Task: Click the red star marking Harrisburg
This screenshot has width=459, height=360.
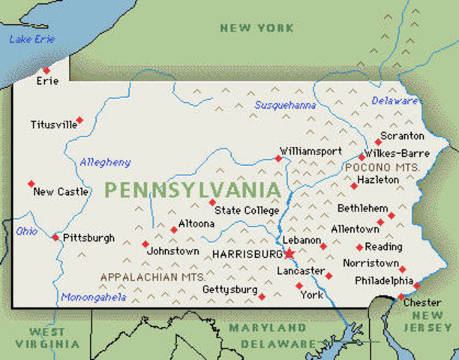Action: coord(288,253)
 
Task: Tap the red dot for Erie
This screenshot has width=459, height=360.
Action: coord(46,70)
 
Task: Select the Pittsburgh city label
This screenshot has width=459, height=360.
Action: coord(88,238)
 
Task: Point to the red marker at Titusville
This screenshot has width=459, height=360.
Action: coord(79,120)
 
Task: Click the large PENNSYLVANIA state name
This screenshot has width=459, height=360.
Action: coord(193,190)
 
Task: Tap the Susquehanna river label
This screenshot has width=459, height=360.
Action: coord(285,105)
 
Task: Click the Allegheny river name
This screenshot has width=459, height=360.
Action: coord(105,162)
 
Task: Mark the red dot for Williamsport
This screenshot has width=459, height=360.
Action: coord(278,158)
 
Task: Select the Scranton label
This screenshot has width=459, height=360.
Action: coord(403,136)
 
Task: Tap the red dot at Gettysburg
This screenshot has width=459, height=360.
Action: coord(262,296)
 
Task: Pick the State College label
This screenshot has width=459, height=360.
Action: coord(247,211)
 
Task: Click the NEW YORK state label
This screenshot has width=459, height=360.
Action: coord(256,28)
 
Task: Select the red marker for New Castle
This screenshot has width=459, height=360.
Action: coord(31,183)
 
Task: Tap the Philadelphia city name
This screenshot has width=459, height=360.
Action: coord(384,280)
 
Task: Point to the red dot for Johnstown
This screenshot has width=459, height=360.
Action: coord(145,244)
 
